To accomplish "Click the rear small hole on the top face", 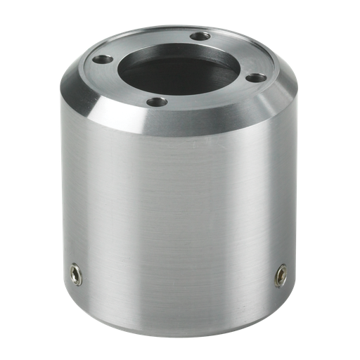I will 200,36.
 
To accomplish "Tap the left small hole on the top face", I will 103,60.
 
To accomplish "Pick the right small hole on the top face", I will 257,77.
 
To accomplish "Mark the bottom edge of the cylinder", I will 176,330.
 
